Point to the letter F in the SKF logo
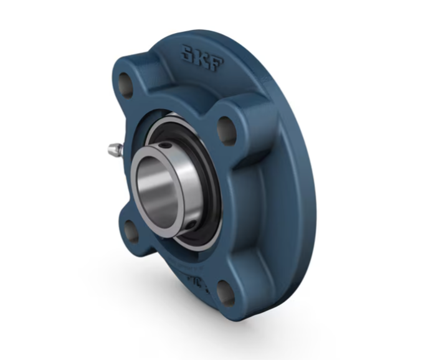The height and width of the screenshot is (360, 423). pyautogui.click(x=212, y=62)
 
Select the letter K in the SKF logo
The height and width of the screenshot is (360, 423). pyautogui.click(x=199, y=57)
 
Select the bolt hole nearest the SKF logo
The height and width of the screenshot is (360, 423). pyautogui.click(x=226, y=126)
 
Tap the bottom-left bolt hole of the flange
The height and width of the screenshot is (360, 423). pyautogui.click(x=132, y=230)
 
